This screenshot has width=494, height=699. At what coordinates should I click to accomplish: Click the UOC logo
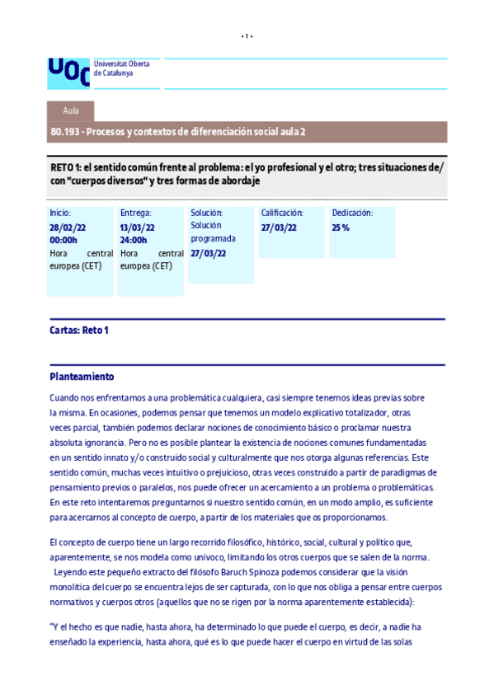(x=68, y=72)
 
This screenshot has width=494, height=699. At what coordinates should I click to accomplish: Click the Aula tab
(x=70, y=111)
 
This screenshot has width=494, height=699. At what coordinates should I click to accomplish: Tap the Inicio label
(x=60, y=213)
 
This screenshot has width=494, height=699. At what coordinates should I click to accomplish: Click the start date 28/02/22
(x=67, y=227)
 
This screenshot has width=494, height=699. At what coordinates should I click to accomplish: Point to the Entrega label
(x=135, y=213)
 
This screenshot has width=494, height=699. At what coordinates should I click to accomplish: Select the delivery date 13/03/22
(x=137, y=227)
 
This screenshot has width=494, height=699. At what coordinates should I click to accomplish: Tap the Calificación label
(x=282, y=213)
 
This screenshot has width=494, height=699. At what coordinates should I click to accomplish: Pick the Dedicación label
(x=352, y=213)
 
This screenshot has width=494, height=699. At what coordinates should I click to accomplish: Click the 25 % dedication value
(x=340, y=227)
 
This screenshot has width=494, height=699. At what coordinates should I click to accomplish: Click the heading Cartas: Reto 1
(x=79, y=331)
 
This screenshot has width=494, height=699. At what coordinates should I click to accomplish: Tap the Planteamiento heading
(x=81, y=376)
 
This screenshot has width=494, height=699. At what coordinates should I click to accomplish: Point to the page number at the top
(x=247, y=36)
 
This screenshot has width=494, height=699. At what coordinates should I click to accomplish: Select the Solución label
(x=206, y=213)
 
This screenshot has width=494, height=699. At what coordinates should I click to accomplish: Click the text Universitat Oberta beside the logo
(x=115, y=63)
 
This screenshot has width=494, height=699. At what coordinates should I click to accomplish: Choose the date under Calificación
(x=278, y=227)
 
